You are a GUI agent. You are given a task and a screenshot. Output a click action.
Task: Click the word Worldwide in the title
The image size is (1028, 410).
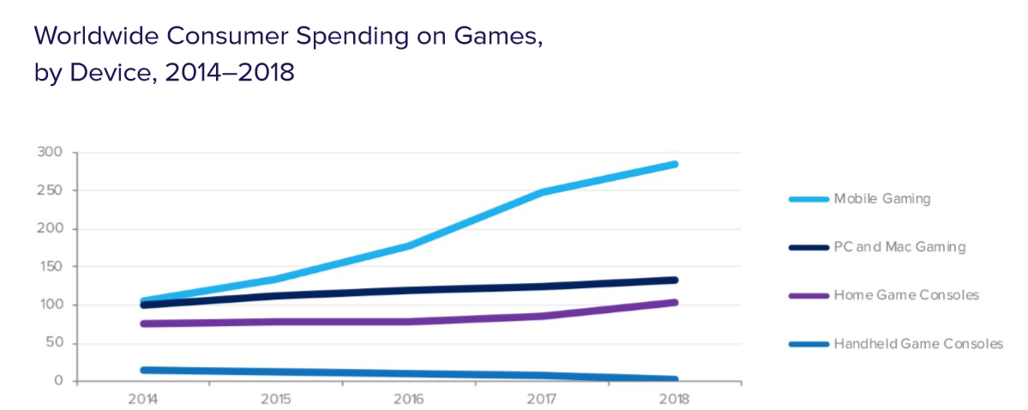(98, 37)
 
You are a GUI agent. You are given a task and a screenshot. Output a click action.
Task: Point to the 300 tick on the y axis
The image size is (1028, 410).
(50, 153)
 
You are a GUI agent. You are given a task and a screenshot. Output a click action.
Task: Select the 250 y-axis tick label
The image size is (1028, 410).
(50, 190)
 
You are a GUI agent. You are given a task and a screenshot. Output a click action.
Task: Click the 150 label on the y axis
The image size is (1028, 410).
(50, 267)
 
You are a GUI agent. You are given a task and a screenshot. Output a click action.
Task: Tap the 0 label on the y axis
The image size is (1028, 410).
(57, 381)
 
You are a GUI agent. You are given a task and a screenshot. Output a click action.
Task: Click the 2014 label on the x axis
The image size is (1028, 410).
(142, 400)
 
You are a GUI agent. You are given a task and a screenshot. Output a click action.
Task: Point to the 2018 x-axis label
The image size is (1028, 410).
(675, 400)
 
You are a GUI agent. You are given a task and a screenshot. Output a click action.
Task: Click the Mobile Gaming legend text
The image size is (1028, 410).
(882, 199)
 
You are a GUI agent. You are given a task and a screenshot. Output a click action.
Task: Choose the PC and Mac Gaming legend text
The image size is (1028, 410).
(899, 247)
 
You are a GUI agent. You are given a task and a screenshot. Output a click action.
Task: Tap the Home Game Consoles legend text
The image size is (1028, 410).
(906, 295)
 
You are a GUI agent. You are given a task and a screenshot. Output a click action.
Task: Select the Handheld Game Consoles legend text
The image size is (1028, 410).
(918, 344)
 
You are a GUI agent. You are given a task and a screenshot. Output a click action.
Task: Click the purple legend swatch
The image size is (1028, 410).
(809, 295)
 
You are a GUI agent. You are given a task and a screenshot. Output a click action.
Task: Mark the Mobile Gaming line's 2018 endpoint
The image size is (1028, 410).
(675, 164)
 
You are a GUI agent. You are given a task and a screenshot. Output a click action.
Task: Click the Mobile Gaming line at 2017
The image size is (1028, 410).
(543, 192)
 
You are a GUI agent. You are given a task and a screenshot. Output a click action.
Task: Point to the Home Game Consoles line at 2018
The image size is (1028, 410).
(675, 302)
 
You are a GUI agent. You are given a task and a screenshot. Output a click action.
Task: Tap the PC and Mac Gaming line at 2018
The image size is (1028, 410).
(675, 280)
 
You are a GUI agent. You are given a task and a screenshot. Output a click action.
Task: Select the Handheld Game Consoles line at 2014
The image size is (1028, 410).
(143, 370)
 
